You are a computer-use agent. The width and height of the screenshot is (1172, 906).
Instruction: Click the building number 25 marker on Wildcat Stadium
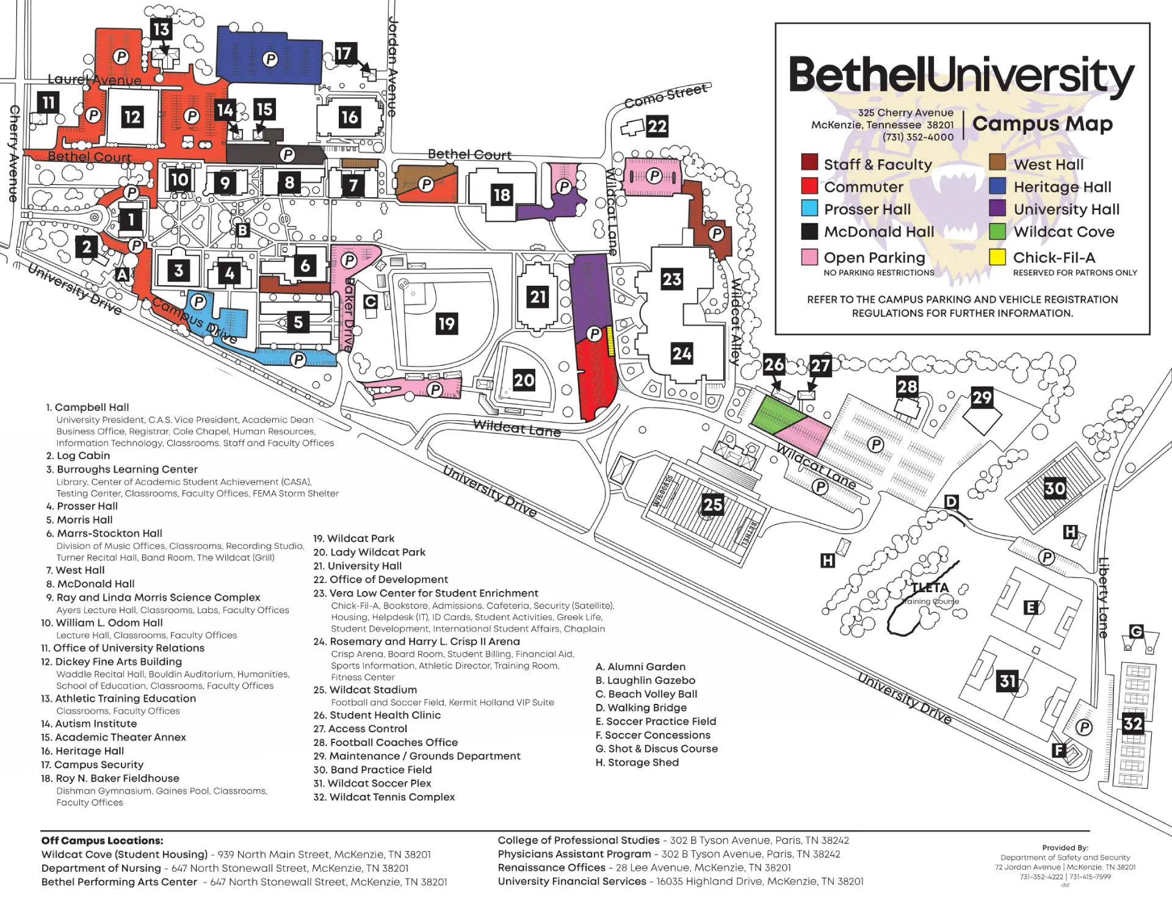712,504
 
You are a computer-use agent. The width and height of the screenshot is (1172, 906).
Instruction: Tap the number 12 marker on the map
132,117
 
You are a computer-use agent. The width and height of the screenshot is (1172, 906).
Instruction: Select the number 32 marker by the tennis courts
1132,724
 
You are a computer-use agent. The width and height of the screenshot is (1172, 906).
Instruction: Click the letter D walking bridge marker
951,502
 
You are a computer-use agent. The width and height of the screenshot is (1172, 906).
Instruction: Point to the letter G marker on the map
1136,631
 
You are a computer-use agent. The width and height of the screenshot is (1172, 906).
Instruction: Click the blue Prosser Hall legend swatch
809,209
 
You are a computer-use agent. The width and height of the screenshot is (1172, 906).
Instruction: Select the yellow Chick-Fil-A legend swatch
997,257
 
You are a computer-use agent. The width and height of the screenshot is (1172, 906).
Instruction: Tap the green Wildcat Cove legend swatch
997,231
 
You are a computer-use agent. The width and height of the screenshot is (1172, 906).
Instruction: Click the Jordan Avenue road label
393,67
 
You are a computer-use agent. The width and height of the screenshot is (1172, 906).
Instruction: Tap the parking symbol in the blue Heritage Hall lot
270,59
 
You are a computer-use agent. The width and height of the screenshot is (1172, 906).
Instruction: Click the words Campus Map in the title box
1042,124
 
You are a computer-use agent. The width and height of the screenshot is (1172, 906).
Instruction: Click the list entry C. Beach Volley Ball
646,694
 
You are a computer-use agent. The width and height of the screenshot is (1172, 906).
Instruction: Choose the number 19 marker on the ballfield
446,324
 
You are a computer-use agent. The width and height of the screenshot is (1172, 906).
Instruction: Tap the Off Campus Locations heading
102,841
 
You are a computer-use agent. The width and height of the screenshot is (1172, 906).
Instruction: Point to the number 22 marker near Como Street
657,126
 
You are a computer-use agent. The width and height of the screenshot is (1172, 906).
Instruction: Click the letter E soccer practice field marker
1030,607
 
